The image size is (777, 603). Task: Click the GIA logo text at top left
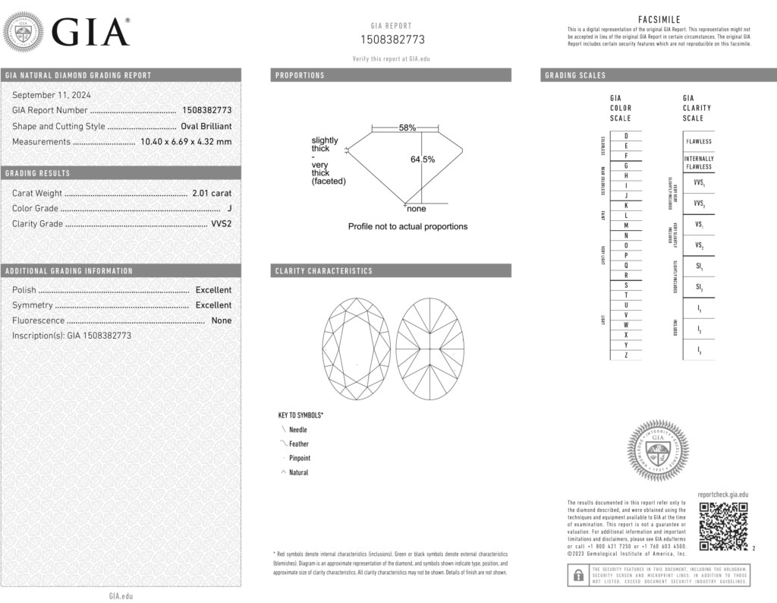(90, 32)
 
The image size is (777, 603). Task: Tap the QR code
(723, 526)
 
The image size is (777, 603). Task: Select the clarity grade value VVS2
(220, 224)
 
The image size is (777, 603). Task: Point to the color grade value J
(229, 209)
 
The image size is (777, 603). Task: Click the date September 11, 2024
(52, 95)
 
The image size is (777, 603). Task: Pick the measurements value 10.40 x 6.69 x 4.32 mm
(186, 141)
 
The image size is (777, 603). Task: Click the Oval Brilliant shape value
(206, 126)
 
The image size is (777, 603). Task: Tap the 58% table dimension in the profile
(407, 128)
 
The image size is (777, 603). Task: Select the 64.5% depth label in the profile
(423, 159)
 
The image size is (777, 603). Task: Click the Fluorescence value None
(222, 320)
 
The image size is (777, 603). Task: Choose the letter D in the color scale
(625, 135)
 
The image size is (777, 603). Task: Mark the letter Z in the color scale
(625, 355)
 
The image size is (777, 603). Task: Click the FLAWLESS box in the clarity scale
(699, 141)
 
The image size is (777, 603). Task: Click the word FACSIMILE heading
(659, 20)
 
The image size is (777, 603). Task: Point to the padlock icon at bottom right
(577, 575)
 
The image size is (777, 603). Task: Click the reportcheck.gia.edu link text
(722, 494)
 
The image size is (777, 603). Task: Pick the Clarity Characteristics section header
(324, 271)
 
